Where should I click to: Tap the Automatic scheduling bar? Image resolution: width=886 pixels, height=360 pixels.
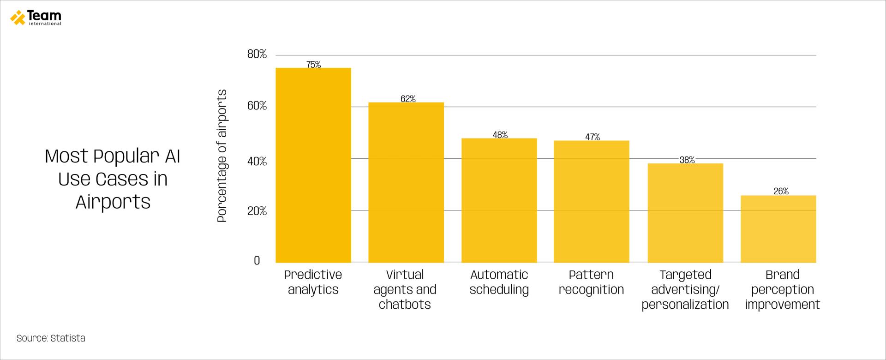pos(499,200)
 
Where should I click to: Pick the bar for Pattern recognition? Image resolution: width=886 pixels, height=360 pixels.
pos(591,202)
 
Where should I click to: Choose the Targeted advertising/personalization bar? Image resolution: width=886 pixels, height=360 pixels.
pos(685,213)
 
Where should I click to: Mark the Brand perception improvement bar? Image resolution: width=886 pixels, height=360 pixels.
pos(778,229)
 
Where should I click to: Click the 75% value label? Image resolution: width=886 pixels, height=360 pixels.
pos(313,65)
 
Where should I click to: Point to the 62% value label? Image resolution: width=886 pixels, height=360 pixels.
pos(408,99)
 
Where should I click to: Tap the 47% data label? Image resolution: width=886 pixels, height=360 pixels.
pos(593,137)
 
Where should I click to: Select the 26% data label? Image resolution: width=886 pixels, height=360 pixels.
pos(781,191)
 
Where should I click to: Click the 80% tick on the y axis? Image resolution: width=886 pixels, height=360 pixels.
pos(257,54)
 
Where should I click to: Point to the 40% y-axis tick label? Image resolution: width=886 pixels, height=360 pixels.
pos(257,162)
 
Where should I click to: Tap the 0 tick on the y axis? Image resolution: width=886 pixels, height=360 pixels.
pos(257,261)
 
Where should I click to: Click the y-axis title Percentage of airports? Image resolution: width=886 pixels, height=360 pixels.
pos(222,156)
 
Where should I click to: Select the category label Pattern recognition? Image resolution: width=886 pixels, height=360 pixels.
pos(591,282)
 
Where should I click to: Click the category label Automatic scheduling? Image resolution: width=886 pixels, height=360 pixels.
pos(499,282)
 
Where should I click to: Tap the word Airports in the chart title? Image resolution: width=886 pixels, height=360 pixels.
pos(113,202)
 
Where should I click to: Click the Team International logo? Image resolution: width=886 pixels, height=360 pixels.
pos(36,18)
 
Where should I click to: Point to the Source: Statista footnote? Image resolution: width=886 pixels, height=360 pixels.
pos(51,338)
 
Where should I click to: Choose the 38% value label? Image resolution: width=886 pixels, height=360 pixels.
pos(687,160)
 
